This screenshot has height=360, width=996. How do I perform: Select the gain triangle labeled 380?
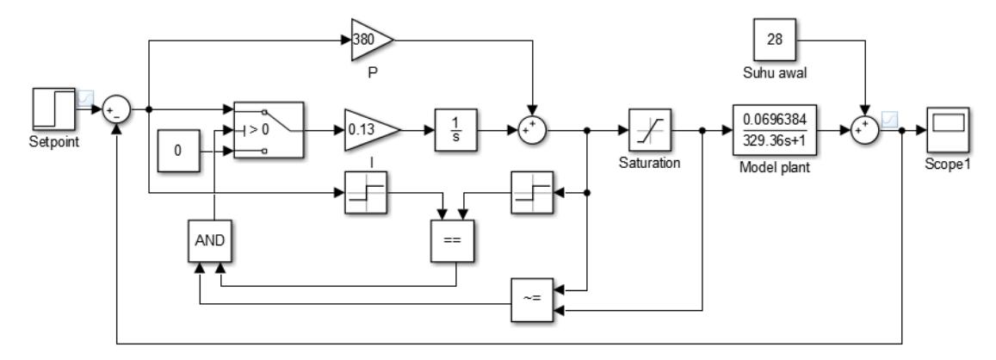[372, 40]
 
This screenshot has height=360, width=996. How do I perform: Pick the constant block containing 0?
[178, 152]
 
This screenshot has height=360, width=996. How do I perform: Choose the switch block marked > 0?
[269, 130]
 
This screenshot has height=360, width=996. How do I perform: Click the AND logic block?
[210, 241]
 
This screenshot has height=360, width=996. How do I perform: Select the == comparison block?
[452, 241]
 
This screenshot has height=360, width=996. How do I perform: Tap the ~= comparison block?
[532, 300]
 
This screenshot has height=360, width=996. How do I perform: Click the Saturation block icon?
[650, 130]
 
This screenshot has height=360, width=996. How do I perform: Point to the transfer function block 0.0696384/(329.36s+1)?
[774, 130]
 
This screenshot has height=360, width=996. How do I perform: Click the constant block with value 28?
[774, 40]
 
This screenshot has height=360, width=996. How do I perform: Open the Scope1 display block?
[948, 130]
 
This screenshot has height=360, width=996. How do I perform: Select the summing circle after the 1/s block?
[532, 130]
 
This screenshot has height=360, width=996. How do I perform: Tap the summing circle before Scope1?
[864, 130]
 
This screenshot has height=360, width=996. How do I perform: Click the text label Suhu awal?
[774, 73]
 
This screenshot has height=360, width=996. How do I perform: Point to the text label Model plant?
[774, 169]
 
